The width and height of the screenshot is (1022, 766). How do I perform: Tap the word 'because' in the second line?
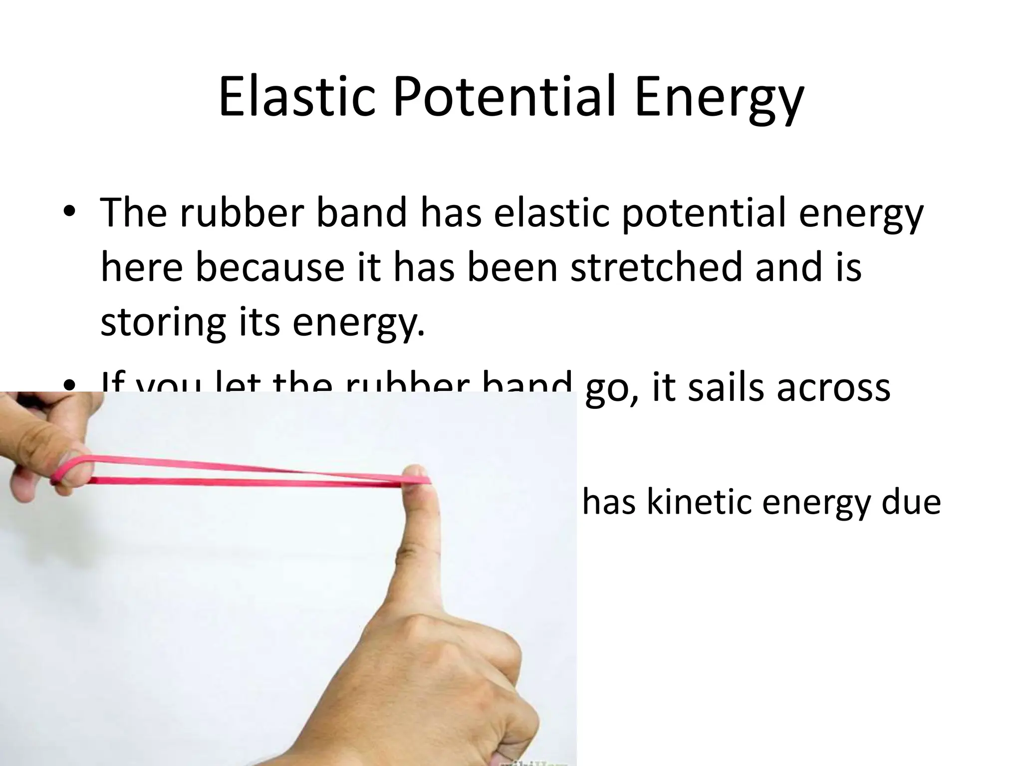point(269,268)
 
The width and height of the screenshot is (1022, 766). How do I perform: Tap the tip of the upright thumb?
point(417,471)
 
